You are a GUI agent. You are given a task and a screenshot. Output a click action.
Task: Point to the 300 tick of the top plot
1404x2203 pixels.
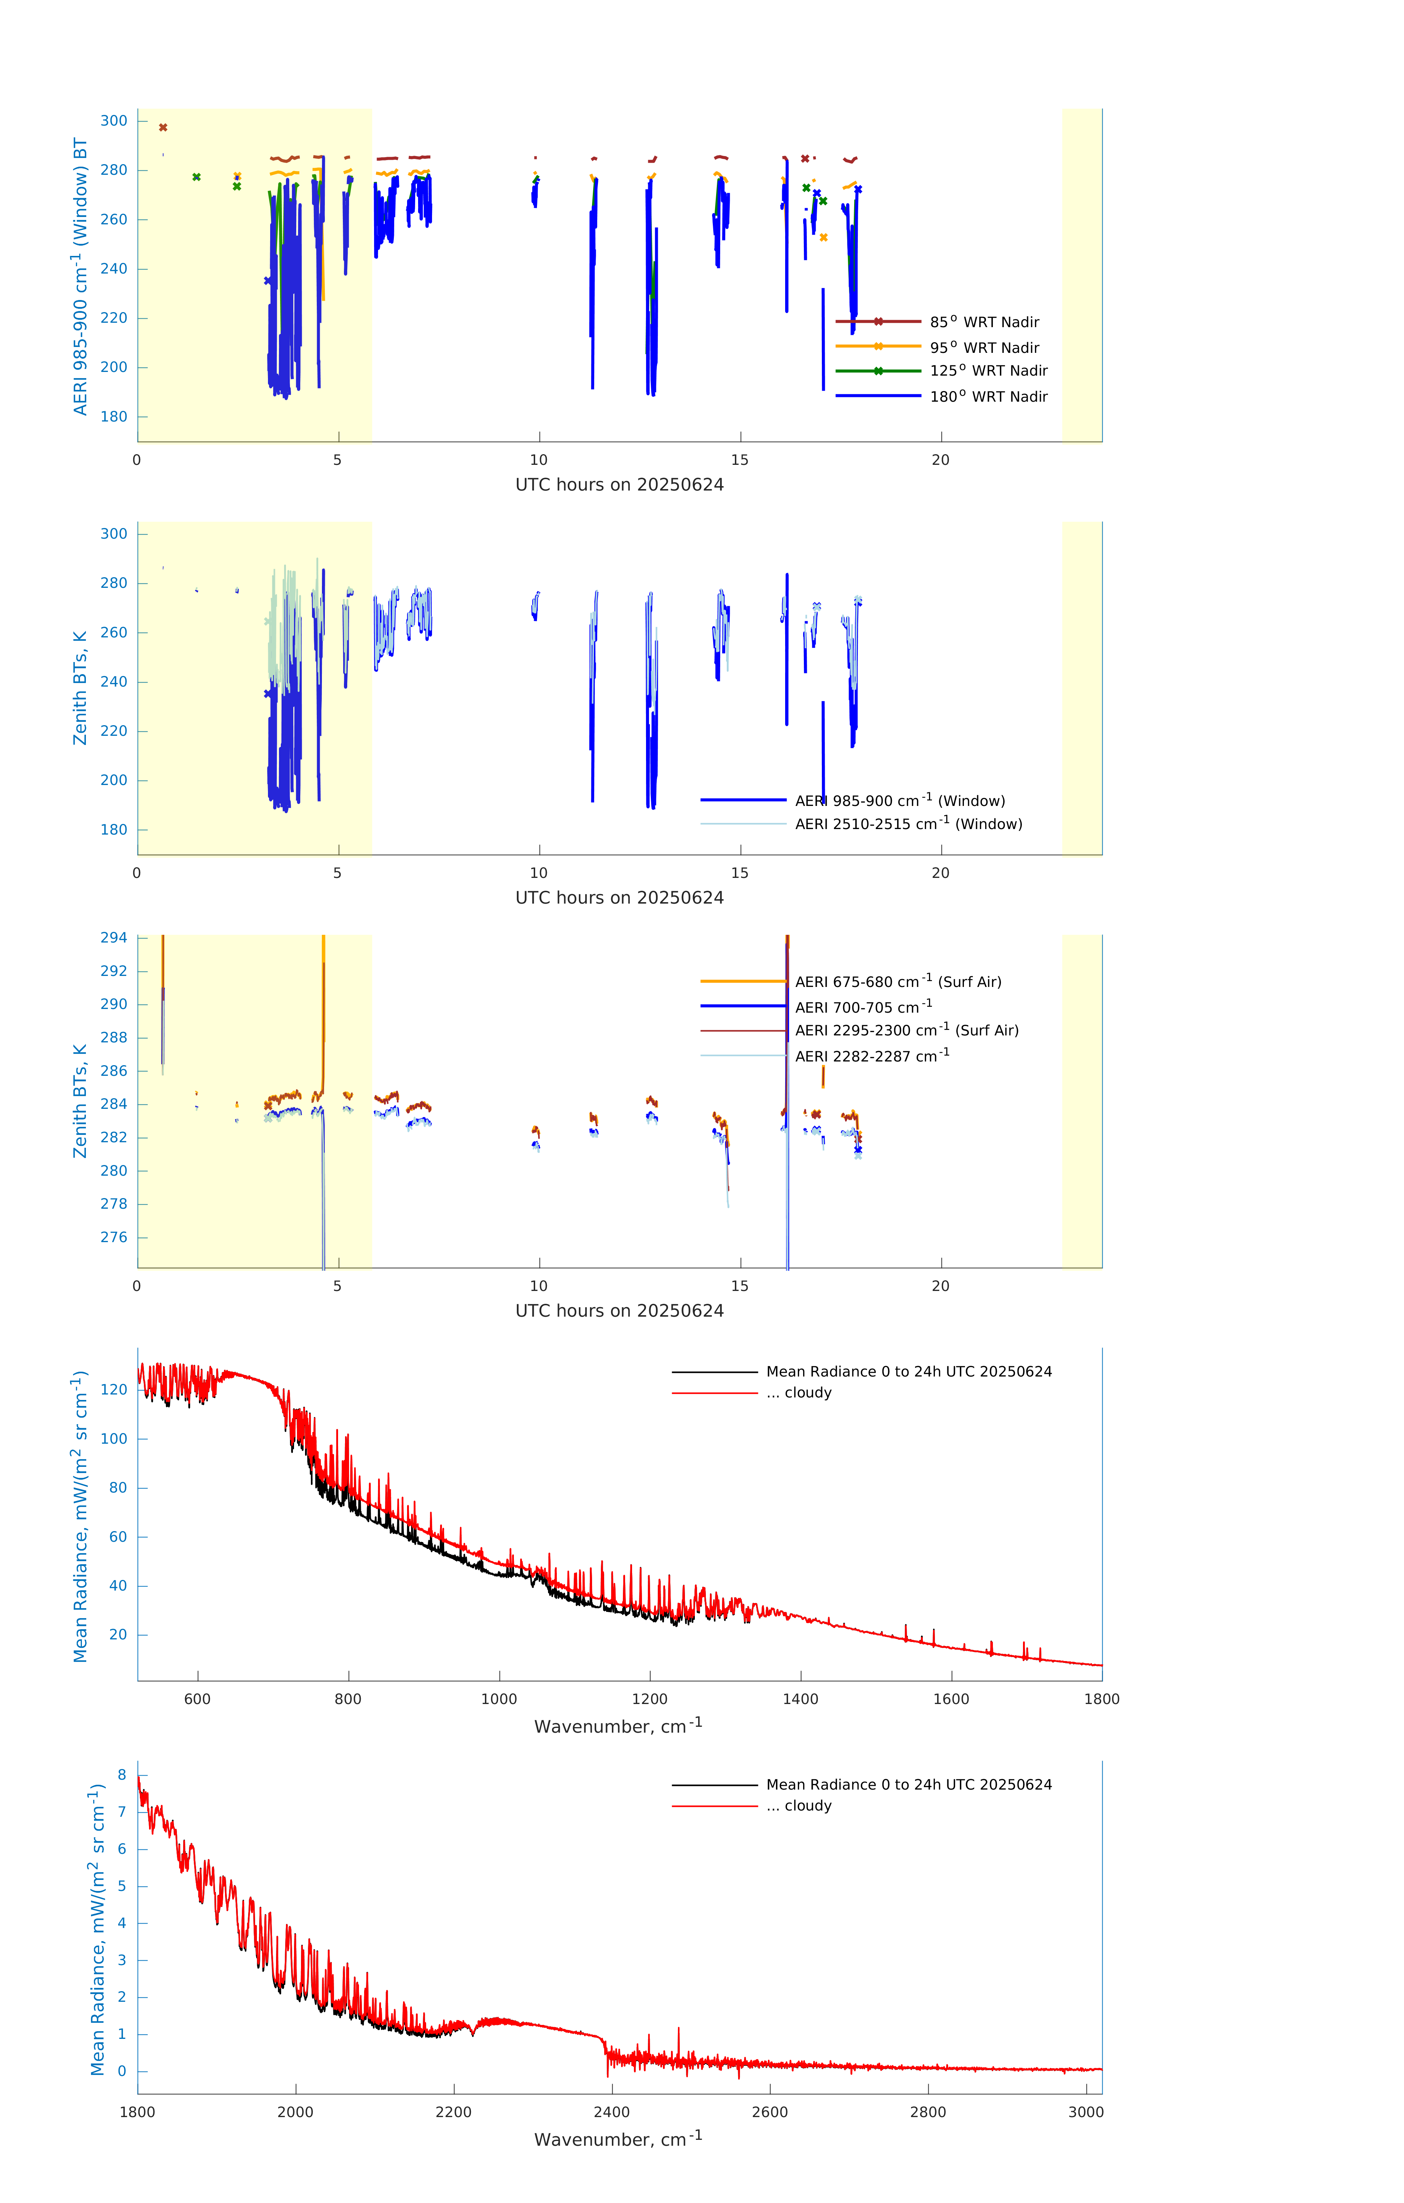(x=114, y=121)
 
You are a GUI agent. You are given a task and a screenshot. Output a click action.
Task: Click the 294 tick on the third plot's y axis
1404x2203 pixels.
(x=114, y=938)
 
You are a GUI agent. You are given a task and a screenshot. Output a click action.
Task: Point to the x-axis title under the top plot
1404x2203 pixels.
(x=619, y=485)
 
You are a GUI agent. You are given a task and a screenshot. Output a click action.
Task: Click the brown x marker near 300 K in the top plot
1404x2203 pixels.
(x=163, y=127)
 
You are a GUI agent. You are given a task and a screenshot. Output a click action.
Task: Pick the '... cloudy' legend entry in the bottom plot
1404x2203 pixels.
(x=808, y=1806)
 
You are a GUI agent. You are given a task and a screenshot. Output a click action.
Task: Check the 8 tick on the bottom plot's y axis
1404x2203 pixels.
(x=121, y=1775)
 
